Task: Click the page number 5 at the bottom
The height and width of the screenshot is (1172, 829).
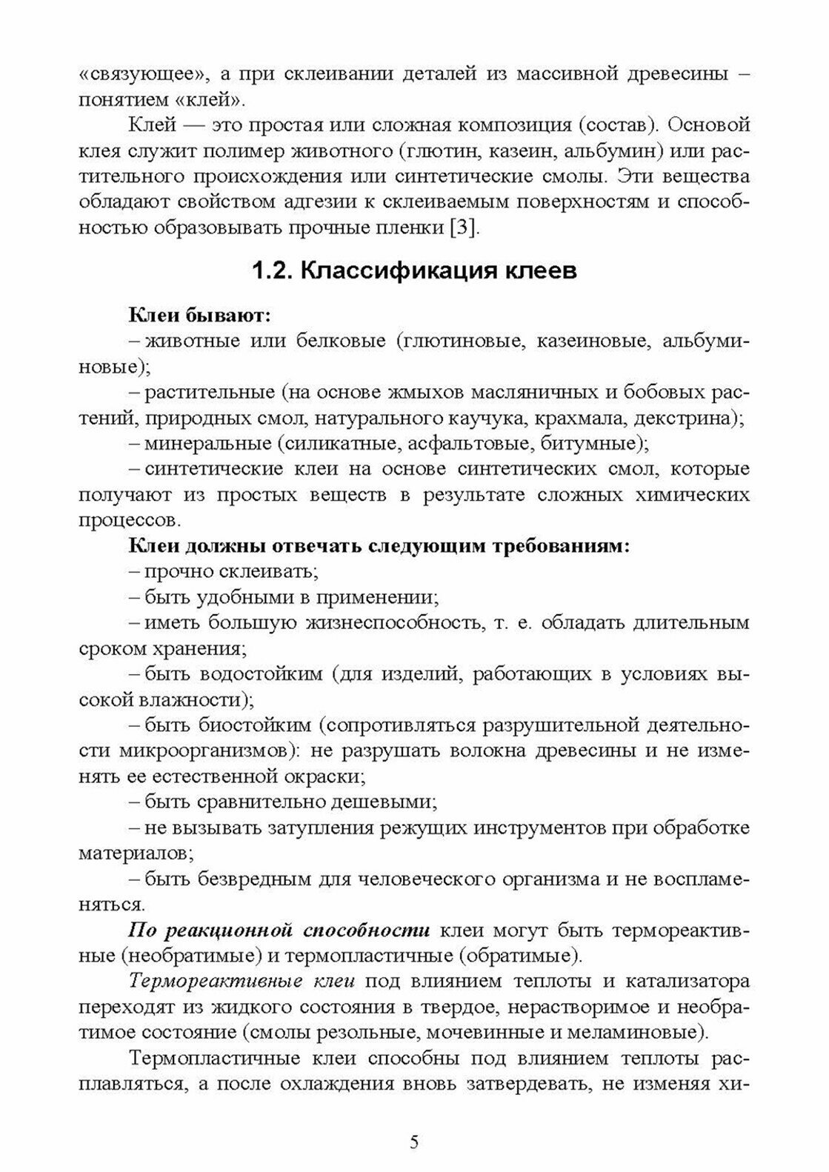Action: point(414,1141)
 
